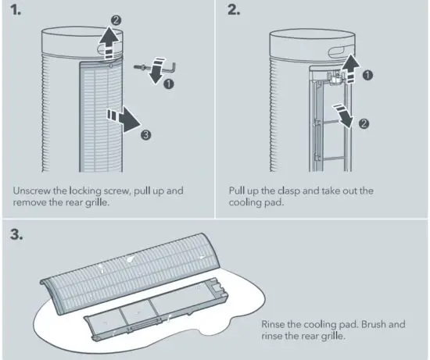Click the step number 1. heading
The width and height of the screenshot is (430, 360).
click(x=18, y=11)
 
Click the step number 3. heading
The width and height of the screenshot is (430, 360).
click(x=19, y=235)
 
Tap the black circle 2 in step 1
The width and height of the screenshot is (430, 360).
click(x=116, y=18)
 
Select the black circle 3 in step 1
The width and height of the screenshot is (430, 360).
click(x=145, y=135)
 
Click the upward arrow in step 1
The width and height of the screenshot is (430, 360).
click(x=109, y=41)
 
